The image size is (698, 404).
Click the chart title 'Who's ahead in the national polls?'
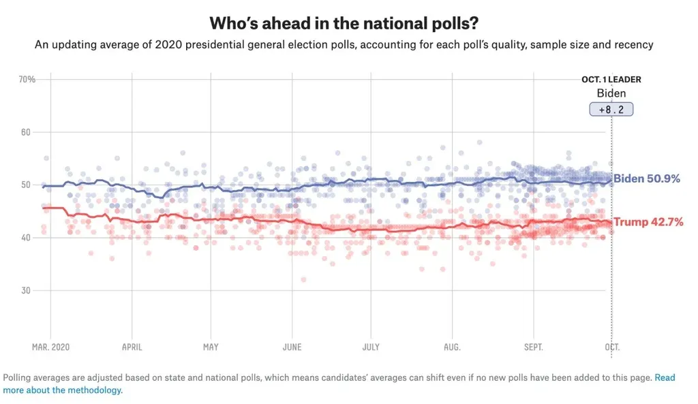[x=348, y=22]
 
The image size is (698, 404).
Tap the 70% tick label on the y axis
[x=27, y=79]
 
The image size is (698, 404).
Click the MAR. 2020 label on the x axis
[x=50, y=347]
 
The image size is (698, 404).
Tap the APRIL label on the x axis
[x=132, y=347]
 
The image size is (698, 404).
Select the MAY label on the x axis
[x=211, y=347]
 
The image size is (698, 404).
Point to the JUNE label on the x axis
[x=292, y=347]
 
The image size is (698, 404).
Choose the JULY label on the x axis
[x=371, y=347]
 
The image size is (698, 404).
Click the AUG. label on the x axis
[x=452, y=347]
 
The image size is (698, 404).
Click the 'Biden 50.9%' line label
[x=647, y=179]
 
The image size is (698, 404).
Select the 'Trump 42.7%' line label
[x=648, y=222]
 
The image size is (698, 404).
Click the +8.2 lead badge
[x=611, y=109]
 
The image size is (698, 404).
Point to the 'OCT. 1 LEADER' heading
[x=611, y=80]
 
